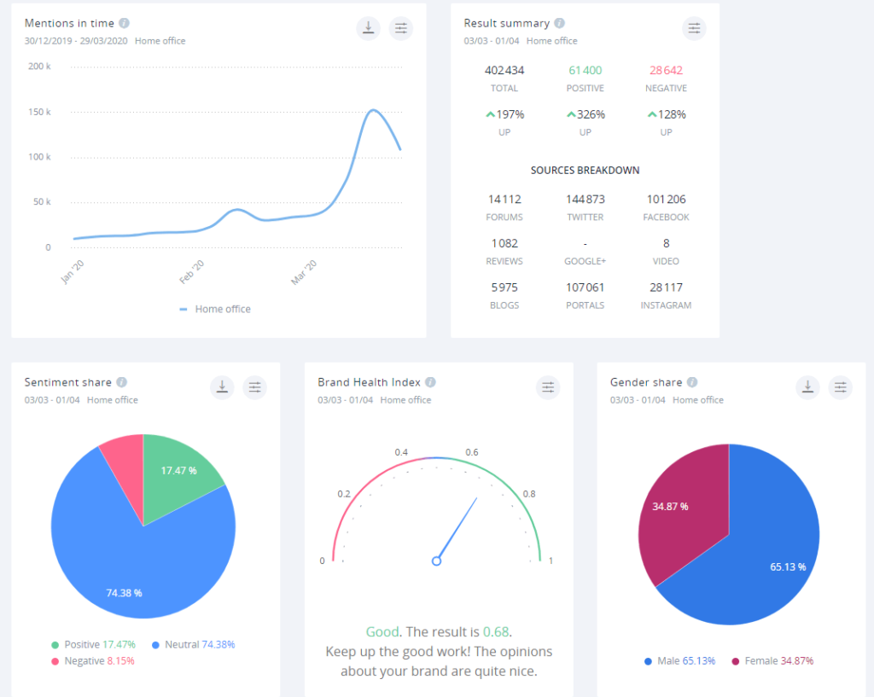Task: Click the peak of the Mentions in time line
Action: pyautogui.click(x=373, y=110)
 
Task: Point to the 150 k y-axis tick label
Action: pyautogui.click(x=39, y=112)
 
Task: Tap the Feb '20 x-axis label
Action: pyautogui.click(x=192, y=271)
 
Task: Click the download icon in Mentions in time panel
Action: pyautogui.click(x=368, y=28)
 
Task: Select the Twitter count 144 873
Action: pyautogui.click(x=585, y=199)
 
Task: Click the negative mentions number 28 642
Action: pyautogui.click(x=666, y=70)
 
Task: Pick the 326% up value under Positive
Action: pyautogui.click(x=585, y=114)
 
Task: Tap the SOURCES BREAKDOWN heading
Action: pyautogui.click(x=585, y=171)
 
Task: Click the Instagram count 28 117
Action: pyautogui.click(x=666, y=288)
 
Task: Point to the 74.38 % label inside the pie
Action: pyautogui.click(x=124, y=592)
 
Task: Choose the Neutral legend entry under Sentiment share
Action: pyautogui.click(x=193, y=645)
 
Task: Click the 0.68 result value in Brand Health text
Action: pyautogui.click(x=496, y=632)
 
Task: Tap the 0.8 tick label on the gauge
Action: pyautogui.click(x=529, y=494)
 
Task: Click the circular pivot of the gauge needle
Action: pyautogui.click(x=436, y=561)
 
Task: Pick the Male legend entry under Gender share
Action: pyautogui.click(x=679, y=661)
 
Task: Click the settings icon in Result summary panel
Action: pyautogui.click(x=694, y=28)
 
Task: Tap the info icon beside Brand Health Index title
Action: pyautogui.click(x=430, y=382)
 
